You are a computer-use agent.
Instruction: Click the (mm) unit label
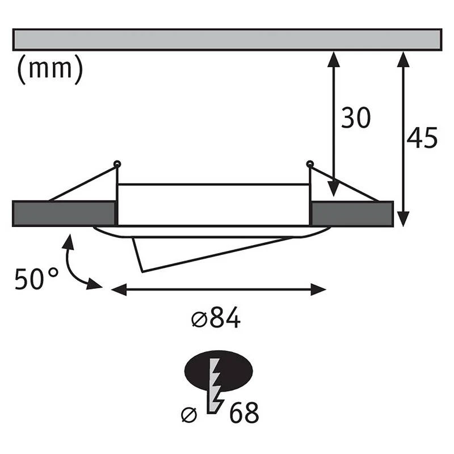50,69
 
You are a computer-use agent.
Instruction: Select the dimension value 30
356,117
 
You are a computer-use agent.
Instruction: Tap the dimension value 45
422,138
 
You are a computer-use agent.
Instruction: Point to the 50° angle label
36,279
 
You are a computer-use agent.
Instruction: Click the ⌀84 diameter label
216,317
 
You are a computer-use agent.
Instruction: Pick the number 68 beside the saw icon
244,412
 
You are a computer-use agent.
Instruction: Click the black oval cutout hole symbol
218,371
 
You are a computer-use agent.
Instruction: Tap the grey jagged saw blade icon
215,386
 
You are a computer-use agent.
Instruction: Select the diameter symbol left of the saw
189,415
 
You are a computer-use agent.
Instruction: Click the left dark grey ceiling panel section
64,213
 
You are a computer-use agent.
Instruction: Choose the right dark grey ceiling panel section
351,213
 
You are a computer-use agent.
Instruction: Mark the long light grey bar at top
227,40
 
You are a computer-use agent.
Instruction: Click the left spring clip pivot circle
117,164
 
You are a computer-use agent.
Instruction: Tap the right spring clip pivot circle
309,164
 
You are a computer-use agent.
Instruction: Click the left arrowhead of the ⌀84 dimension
119,289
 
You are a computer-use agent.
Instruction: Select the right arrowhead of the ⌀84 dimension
318,289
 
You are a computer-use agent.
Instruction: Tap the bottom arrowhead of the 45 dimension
403,219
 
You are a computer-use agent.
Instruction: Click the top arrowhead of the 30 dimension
334,60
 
